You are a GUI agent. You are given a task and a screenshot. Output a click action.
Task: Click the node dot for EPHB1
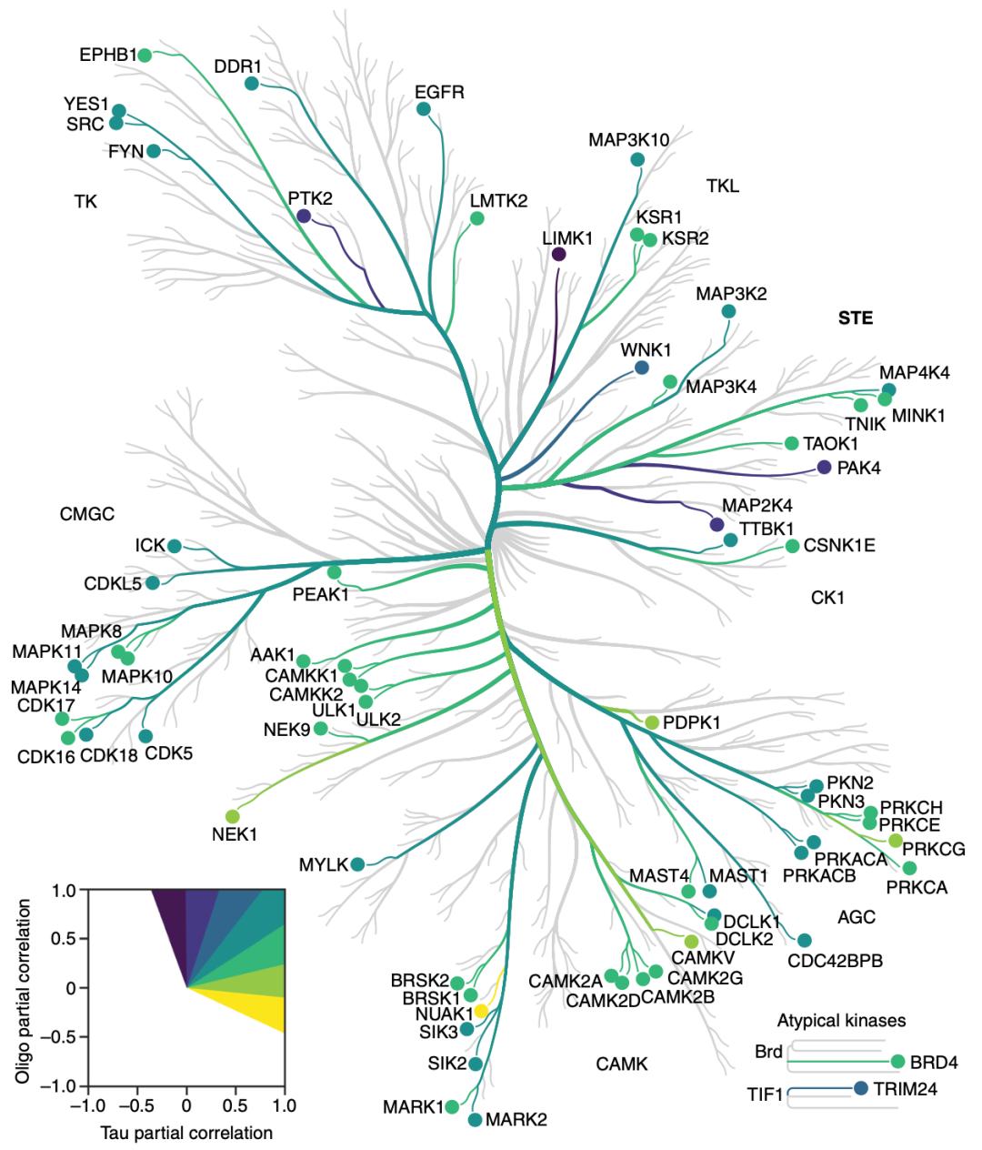(144, 55)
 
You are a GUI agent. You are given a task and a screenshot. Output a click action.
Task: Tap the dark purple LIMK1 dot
(558, 255)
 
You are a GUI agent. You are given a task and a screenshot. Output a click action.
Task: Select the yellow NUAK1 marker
(481, 1012)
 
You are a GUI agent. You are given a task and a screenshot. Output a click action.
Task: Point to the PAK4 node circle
(824, 467)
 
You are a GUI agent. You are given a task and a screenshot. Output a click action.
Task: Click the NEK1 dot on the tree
(232, 816)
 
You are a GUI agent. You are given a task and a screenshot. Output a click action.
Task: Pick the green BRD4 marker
(898, 1061)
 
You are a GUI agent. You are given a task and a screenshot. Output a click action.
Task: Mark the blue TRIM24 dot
(861, 1087)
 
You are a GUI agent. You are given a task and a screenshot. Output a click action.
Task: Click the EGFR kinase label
(439, 92)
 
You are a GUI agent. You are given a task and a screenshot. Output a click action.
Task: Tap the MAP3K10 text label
(628, 140)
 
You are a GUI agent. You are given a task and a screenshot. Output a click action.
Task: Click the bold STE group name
(855, 318)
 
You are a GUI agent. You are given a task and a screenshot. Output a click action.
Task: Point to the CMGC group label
(87, 514)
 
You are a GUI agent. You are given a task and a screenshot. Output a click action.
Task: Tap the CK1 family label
(827, 598)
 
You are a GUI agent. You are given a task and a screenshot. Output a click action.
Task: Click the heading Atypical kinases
(841, 1021)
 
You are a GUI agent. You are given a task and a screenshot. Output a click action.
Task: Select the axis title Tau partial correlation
(187, 1133)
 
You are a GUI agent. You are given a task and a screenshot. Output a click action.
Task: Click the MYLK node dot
(357, 864)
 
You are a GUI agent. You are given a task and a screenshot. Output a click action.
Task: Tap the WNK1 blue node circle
(641, 368)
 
